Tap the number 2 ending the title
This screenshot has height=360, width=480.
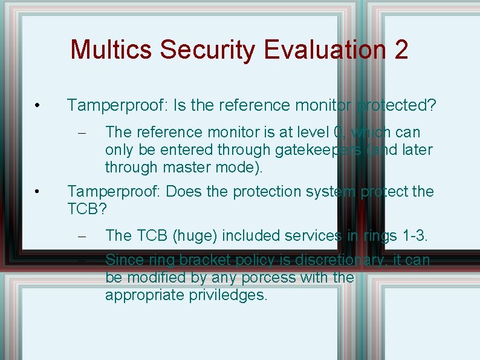click(x=400, y=50)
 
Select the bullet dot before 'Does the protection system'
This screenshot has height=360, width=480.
click(x=37, y=192)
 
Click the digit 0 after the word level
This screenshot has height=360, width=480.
click(x=339, y=132)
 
